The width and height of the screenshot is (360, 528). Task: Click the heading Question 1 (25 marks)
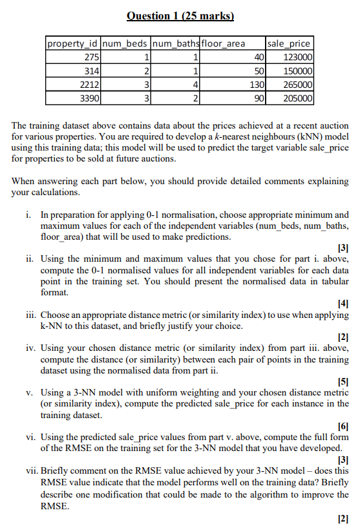[x=180, y=16]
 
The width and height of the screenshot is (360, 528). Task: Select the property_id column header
[x=72, y=43]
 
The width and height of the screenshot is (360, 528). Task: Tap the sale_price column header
[x=288, y=43]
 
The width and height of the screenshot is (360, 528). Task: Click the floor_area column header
[x=224, y=43]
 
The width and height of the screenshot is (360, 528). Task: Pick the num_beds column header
[x=125, y=43]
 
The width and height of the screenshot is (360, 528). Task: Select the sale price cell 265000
[x=298, y=84]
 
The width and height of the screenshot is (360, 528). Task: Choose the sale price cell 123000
[x=298, y=57]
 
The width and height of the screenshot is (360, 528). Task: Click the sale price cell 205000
[x=298, y=98]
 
